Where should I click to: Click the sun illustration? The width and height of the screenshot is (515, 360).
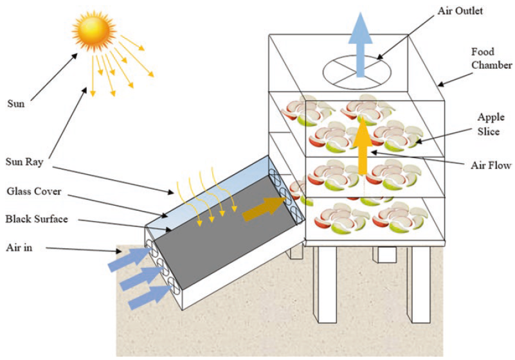(95, 32)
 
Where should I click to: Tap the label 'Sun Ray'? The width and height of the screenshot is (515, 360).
(24, 162)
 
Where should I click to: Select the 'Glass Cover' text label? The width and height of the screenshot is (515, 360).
(34, 191)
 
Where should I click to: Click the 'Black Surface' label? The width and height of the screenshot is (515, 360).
(37, 219)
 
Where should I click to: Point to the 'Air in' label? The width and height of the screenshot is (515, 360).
(19, 248)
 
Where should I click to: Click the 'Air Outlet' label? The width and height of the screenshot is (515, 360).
(460, 11)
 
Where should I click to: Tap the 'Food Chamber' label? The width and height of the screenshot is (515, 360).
(491, 58)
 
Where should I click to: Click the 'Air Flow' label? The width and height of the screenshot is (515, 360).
(491, 165)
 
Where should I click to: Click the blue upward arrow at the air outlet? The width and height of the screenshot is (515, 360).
(360, 44)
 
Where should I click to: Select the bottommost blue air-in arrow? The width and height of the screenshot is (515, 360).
(150, 297)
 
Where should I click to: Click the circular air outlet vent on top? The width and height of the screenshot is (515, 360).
(357, 73)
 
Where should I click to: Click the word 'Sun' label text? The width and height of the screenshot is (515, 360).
(16, 104)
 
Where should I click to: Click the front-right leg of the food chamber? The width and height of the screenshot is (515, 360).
(419, 284)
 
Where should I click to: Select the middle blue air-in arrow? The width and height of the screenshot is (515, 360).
(141, 278)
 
